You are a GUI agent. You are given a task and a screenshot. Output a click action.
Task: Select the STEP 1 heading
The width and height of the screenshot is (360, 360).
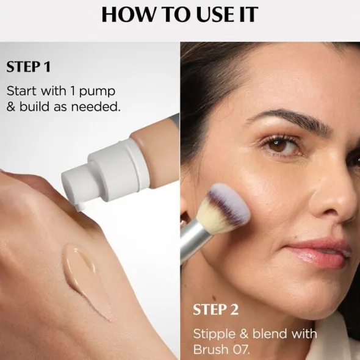click(x=28, y=67)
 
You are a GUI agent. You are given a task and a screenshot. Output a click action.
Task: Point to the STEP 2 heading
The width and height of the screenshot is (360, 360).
click(x=215, y=309)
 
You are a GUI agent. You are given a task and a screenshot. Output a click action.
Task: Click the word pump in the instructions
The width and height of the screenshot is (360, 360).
click(x=97, y=92)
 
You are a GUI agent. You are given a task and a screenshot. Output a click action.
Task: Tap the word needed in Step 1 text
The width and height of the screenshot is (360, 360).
click(x=96, y=107)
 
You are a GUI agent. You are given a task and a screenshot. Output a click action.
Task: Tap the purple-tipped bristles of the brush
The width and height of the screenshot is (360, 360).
click(x=229, y=202)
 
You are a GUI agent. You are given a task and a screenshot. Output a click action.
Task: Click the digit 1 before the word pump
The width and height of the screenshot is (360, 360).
click(x=73, y=91)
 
